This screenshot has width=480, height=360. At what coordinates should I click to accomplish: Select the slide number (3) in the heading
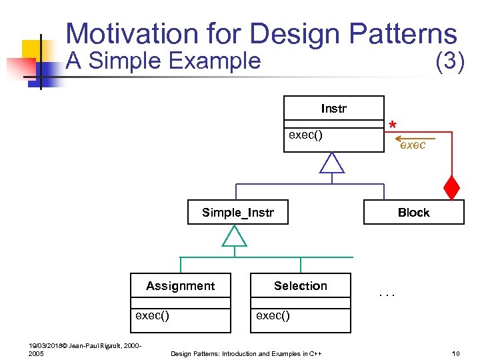pos(449,61)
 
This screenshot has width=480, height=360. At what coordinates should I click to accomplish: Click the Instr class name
pos(333,109)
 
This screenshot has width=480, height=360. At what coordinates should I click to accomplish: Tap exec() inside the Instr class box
pos(305,135)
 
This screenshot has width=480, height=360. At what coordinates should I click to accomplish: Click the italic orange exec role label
pos(413,145)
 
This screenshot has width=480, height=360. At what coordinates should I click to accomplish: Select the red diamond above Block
pos(452,188)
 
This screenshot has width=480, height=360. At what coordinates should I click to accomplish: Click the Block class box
pos(413,213)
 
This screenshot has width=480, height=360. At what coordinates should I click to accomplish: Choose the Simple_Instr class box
pos(237,213)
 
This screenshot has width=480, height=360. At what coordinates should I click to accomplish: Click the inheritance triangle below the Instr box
pos(331,163)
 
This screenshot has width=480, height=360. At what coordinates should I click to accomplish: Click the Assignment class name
pos(180,286)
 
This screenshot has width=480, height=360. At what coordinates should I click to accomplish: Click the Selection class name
pos(300,286)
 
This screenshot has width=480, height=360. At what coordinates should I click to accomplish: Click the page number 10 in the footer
pos(456,353)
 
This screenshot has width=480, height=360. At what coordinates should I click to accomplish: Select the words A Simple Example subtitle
pos(163,61)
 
